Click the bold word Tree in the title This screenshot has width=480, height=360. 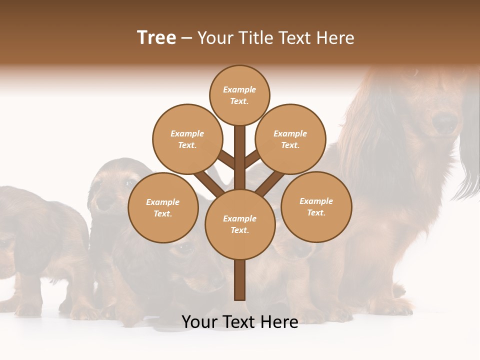(x=156, y=37)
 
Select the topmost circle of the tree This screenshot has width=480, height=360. (x=239, y=95)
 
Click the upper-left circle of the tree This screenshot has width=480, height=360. (x=187, y=139)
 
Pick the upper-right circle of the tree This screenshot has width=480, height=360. (x=290, y=139)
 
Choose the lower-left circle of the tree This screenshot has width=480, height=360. (x=162, y=207)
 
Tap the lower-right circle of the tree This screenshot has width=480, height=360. (x=316, y=206)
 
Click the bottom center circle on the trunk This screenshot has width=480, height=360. (x=239, y=224)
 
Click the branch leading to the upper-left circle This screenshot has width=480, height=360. (x=226, y=160)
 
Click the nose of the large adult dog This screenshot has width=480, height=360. (x=444, y=121)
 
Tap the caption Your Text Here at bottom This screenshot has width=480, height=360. (x=239, y=322)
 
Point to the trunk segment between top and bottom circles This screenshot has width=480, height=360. (x=239, y=157)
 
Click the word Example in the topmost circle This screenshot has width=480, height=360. (x=239, y=89)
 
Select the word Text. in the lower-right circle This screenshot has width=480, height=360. (x=316, y=212)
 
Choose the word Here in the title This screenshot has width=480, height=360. (x=336, y=37)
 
